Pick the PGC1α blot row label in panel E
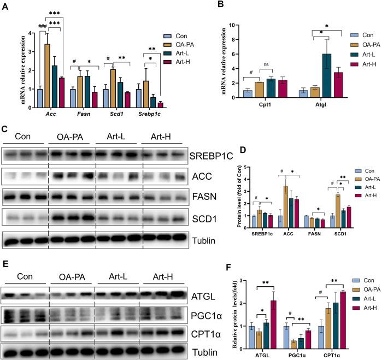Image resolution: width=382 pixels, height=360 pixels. coord(206,316)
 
